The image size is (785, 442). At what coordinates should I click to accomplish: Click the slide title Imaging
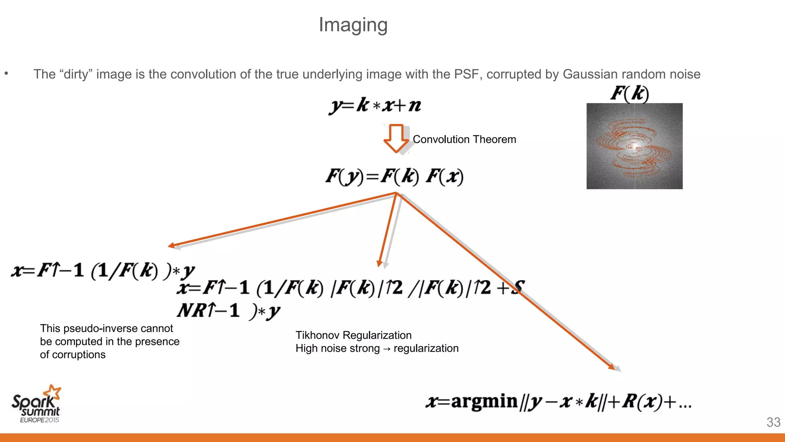click(353, 25)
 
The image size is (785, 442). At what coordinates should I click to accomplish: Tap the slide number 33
click(773, 422)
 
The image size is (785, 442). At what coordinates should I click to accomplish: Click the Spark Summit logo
click(36, 404)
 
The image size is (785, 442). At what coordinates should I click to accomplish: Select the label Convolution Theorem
click(464, 139)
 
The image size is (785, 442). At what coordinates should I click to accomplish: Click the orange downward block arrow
click(396, 138)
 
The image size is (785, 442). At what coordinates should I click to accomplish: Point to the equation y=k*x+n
click(375, 105)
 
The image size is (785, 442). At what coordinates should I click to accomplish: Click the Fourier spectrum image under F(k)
click(634, 146)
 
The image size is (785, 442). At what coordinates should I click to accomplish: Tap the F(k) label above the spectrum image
click(629, 93)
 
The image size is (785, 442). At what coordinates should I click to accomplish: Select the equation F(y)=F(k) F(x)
click(394, 176)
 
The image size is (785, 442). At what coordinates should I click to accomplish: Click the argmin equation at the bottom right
click(558, 402)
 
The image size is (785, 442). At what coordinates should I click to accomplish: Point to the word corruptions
click(79, 355)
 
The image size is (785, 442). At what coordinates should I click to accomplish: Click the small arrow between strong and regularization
click(386, 349)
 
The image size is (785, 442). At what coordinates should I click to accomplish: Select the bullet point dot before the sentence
click(6, 73)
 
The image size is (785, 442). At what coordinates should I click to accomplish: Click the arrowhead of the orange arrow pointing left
click(171, 246)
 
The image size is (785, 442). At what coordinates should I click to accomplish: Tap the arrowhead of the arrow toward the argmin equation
click(612, 367)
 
